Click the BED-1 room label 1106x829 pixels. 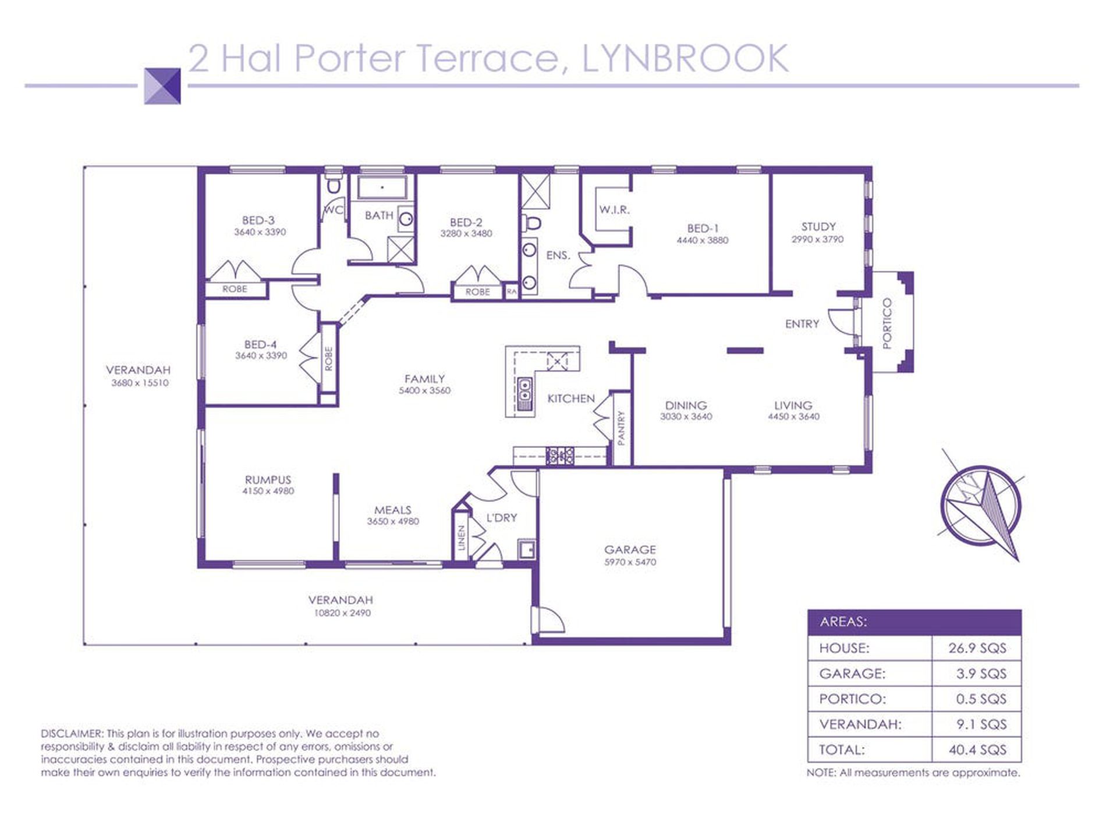[702, 229]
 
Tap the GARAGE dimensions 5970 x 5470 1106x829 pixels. [630, 562]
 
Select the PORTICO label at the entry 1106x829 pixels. [887, 323]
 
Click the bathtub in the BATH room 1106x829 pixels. [381, 188]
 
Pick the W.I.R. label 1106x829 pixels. [615, 209]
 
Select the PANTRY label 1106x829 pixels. [621, 429]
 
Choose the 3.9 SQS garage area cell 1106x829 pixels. [981, 673]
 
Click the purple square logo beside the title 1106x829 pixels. [162, 86]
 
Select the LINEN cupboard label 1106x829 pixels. [462, 538]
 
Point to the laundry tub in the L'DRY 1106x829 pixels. [527, 550]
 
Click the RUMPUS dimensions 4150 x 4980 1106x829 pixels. [268, 491]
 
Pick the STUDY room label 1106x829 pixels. [818, 227]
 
